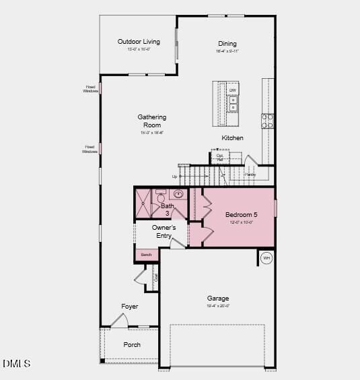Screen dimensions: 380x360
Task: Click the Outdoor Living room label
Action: (x=139, y=42)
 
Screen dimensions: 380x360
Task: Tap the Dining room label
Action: (x=227, y=44)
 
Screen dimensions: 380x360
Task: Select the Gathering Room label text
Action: (x=152, y=121)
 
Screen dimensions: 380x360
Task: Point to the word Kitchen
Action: (x=233, y=138)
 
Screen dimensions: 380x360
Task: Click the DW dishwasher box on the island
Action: (x=233, y=90)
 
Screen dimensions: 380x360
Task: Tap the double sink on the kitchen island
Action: (x=233, y=104)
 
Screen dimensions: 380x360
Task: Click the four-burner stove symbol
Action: (x=268, y=121)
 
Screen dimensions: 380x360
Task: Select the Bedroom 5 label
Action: (x=241, y=215)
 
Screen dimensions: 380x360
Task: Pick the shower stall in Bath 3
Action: (x=144, y=203)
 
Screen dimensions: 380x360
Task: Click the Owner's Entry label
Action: (x=164, y=232)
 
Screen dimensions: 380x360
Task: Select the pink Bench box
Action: (x=147, y=255)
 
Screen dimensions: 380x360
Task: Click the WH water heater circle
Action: (x=266, y=258)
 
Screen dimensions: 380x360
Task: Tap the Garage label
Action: (x=218, y=298)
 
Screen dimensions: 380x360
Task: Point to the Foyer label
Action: (x=130, y=307)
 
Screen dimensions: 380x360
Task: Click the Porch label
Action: (x=132, y=345)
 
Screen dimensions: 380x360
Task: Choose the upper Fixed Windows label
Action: (x=90, y=88)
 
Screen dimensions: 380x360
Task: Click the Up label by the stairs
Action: (x=175, y=177)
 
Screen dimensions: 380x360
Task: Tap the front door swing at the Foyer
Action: (x=118, y=321)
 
